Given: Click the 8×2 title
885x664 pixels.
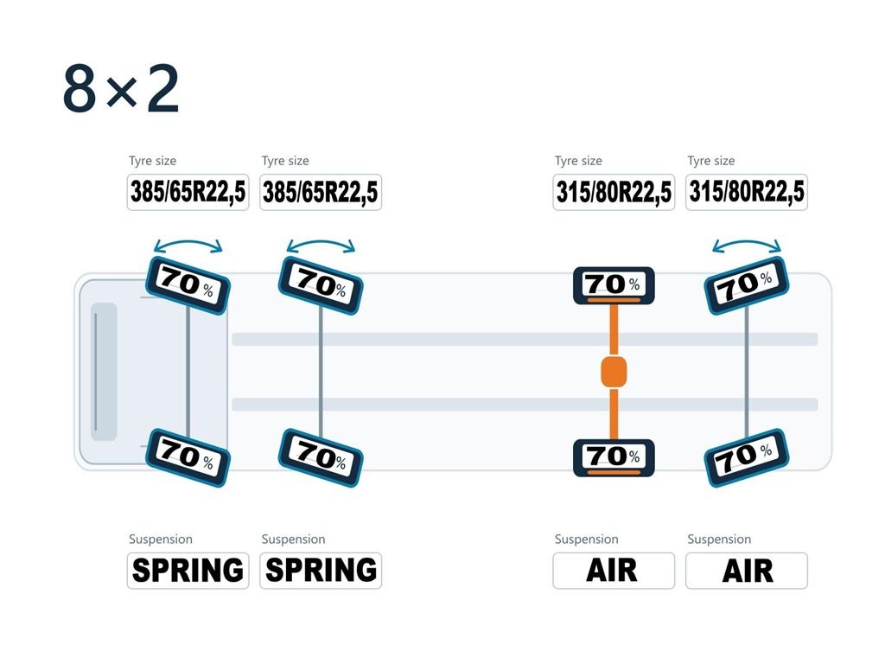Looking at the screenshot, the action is [x=121, y=89].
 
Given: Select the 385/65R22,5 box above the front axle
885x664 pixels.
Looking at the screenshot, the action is [x=188, y=192].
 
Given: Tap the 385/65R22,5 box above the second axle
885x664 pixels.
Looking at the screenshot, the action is [x=321, y=192].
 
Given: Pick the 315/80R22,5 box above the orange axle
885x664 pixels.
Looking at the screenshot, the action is [x=614, y=192].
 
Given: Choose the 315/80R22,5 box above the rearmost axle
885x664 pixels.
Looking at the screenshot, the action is [x=746, y=192].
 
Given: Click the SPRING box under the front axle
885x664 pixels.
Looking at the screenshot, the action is [x=188, y=571].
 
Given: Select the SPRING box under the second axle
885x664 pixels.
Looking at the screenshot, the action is [x=321, y=571].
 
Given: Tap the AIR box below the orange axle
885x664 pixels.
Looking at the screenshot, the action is [x=614, y=571].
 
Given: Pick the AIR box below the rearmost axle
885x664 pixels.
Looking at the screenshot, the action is [x=746, y=571].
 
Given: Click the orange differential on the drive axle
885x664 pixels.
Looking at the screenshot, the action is [x=614, y=372].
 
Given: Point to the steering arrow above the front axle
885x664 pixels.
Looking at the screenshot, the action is [x=188, y=242].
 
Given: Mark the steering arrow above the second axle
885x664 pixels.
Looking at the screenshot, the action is [x=321, y=242].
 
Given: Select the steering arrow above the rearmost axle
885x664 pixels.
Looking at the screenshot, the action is [x=746, y=242].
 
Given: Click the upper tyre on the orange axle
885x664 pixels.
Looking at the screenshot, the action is [x=614, y=285].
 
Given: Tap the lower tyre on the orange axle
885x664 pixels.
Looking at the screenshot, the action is [x=614, y=457].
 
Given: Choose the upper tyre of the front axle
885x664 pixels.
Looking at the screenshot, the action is [x=188, y=285].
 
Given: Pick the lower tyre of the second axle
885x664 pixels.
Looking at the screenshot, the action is [x=321, y=457].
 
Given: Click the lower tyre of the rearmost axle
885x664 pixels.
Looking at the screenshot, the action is [x=746, y=457].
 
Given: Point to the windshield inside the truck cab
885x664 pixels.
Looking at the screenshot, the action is [x=104, y=372].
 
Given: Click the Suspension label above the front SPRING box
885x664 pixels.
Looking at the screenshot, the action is [x=160, y=539].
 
